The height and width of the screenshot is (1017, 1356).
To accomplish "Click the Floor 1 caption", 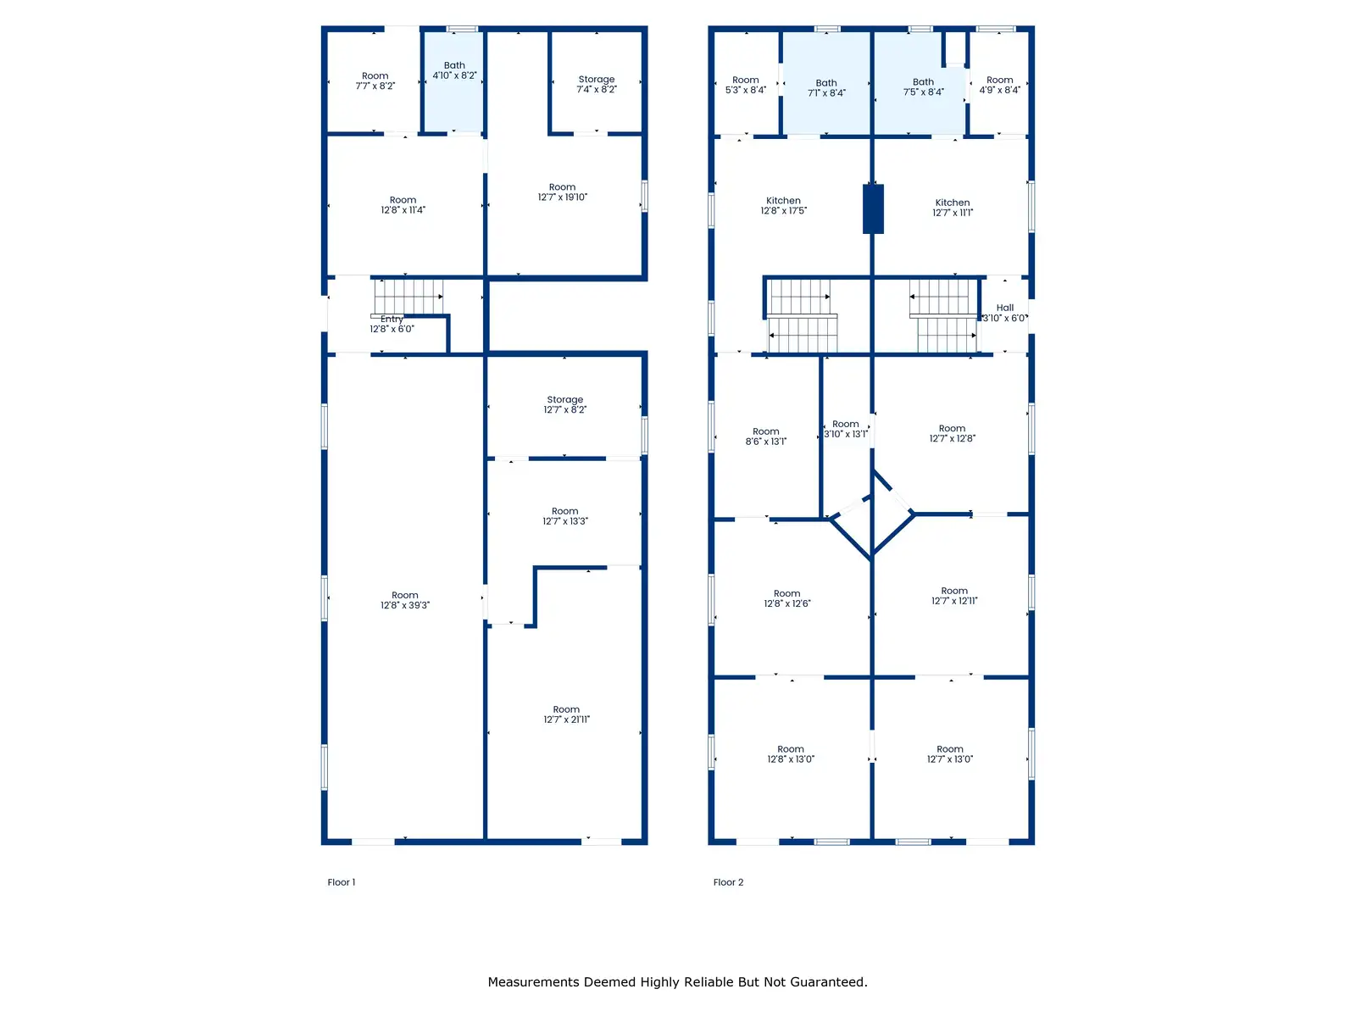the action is pos(341,882).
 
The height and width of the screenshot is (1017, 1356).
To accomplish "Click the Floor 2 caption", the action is pos(728,882).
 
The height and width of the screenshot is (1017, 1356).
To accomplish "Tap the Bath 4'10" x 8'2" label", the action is pos(454,70).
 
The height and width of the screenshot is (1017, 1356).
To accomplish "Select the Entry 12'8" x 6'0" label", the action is pos(392,325).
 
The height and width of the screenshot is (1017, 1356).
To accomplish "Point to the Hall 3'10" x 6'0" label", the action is pos(1004,313).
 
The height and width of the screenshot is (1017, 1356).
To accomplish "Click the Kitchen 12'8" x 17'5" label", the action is pos(783,206).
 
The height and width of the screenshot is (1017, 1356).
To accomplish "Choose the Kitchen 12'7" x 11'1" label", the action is pos(953,208).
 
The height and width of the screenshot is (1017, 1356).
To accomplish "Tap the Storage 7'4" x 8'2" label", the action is pos(596,85).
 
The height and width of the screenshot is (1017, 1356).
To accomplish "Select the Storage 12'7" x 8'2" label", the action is pos(564,404).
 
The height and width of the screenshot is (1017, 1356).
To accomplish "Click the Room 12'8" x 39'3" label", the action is pos(404,600).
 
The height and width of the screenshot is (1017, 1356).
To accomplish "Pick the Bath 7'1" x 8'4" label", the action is pos(826,87).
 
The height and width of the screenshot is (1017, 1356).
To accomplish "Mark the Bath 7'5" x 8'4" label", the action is pos(924,87).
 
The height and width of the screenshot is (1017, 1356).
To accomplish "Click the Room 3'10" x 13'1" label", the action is pos(846,429).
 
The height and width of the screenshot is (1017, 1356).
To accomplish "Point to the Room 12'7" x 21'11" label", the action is pos(566,714).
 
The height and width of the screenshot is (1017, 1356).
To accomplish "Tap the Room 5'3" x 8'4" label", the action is pos(746,85).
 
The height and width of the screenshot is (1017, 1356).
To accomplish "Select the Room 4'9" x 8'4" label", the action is pos(999,85).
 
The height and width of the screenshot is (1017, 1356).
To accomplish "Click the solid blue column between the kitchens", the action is pos(873,208).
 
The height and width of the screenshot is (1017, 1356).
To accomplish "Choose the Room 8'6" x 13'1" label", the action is pos(766,436).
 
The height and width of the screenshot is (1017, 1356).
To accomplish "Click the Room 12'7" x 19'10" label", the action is pos(562,192).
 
